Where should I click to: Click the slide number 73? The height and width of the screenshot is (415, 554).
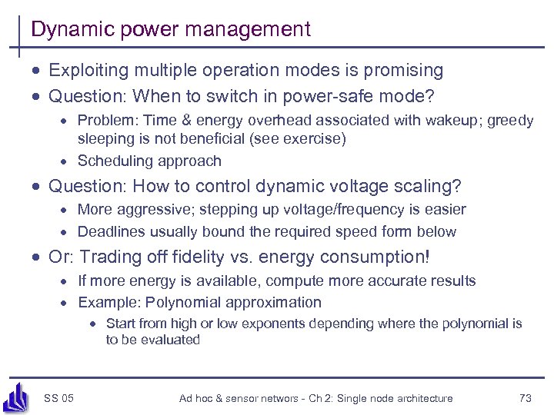526,398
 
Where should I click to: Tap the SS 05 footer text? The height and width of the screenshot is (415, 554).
59,398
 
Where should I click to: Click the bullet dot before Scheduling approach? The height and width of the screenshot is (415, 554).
66,161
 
